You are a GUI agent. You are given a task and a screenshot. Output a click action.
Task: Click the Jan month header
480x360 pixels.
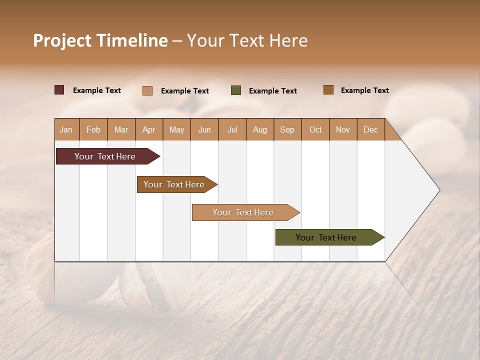[x=66, y=129]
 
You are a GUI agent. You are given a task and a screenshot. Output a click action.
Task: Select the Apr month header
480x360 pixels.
[x=149, y=129]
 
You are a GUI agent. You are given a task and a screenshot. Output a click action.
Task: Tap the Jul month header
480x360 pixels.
[x=232, y=129]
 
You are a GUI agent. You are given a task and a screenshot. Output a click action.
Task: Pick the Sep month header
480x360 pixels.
[x=287, y=129]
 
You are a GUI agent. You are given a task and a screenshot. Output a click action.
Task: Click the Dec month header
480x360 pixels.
[x=370, y=129]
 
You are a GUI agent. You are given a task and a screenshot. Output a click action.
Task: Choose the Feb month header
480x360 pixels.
[x=93, y=129]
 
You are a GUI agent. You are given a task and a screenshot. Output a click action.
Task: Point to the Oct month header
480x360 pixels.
[x=315, y=129]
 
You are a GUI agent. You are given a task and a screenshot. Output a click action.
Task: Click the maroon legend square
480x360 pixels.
[x=59, y=90]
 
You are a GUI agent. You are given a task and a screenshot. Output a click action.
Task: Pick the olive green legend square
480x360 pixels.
[x=236, y=90]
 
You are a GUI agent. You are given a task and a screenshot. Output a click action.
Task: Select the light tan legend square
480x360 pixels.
[x=147, y=90]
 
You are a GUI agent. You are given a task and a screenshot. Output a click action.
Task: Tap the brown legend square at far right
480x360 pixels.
[x=328, y=90]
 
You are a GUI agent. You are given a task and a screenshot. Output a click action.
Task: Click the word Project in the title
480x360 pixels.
[x=62, y=40]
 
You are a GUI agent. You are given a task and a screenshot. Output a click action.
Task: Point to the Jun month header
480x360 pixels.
[x=204, y=129]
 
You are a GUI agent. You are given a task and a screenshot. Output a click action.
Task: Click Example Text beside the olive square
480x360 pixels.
[x=272, y=91]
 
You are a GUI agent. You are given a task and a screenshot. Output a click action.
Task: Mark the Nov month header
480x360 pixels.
[x=343, y=129]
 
